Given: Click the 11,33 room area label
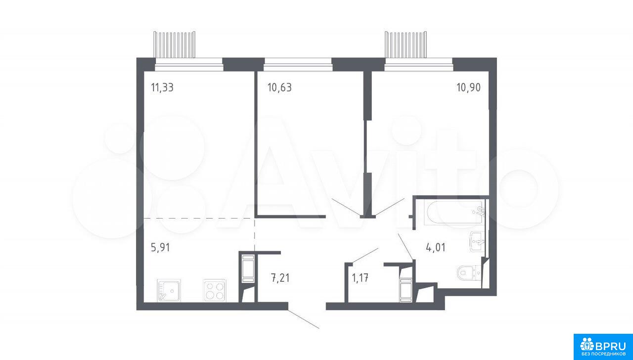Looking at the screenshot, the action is click(x=162, y=88).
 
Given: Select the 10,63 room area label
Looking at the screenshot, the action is click(x=279, y=88).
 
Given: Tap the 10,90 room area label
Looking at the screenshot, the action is click(x=468, y=88).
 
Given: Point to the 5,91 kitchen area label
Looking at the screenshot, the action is click(x=160, y=248).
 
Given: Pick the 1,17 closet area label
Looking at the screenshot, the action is click(x=360, y=278).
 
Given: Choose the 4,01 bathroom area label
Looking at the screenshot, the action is click(x=436, y=248).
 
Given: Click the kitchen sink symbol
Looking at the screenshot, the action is click(x=169, y=290).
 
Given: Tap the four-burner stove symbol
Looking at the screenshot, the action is click(x=215, y=290).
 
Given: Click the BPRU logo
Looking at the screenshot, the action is click(x=603, y=347).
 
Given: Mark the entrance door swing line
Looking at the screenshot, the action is click(x=304, y=319).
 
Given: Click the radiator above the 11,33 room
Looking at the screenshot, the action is click(x=175, y=45).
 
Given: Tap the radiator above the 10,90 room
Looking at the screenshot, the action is click(x=406, y=45).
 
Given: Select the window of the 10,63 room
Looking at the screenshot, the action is click(x=298, y=64).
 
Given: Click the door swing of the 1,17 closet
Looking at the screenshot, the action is click(x=365, y=256).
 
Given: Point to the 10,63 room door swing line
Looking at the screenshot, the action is click(x=346, y=207).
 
